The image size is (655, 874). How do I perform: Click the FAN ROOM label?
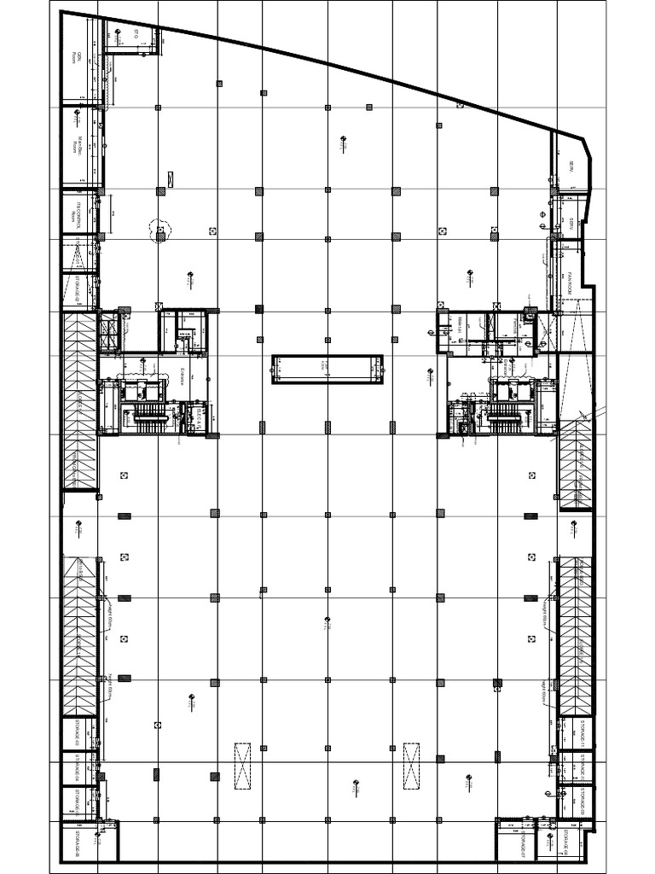tap(567, 283)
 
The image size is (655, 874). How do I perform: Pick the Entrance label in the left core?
tap(183, 376)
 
